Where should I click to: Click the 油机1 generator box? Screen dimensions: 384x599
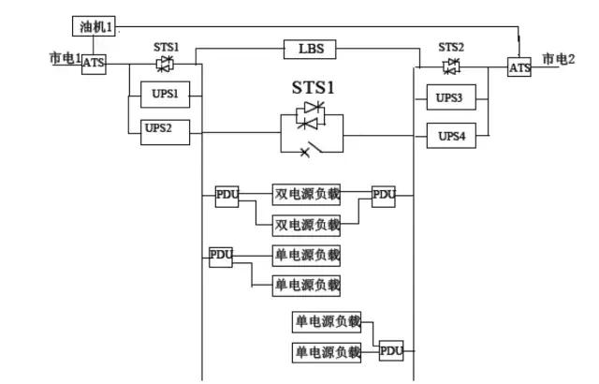click(95, 27)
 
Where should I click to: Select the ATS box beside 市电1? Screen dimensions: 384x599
click(95, 65)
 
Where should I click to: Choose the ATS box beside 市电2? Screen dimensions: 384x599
click(519, 67)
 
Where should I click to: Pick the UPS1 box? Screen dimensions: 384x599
click(165, 95)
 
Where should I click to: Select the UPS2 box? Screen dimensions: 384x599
click(157, 128)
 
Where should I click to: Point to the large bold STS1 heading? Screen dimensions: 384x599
click(313, 89)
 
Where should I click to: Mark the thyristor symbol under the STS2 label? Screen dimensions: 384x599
click(453, 65)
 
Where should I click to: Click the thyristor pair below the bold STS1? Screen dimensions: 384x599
click(311, 116)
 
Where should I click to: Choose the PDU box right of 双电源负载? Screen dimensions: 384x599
click(384, 196)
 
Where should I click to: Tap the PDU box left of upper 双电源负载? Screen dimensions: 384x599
click(227, 196)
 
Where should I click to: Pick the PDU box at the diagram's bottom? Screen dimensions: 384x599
click(391, 351)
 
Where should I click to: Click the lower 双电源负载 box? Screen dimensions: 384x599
click(307, 225)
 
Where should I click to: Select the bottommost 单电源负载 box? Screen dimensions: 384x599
click(328, 352)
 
